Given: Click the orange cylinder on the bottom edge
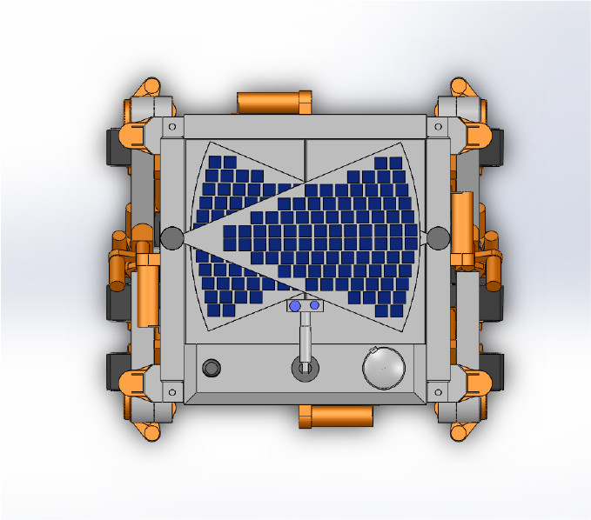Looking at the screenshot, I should (336, 417).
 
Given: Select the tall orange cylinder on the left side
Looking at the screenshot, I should (146, 283).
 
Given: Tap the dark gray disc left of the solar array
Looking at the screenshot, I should (171, 237).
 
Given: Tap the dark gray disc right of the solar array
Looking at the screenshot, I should (438, 236).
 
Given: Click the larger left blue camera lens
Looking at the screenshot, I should (295, 306).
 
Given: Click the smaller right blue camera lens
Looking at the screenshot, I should (314, 305).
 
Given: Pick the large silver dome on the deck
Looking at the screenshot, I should (384, 367).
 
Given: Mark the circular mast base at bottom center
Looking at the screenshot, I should (304, 370).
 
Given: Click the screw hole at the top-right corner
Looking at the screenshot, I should (438, 127).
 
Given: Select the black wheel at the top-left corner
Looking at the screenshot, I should (113, 145).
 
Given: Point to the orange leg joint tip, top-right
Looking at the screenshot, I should (460, 86).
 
